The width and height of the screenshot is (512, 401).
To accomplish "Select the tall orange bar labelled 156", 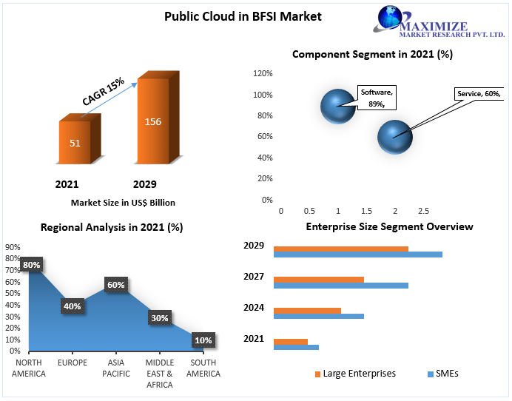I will pos(152,121).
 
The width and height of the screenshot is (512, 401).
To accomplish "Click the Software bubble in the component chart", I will pos(338,106).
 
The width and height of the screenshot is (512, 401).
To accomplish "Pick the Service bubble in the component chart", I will pos(395,136).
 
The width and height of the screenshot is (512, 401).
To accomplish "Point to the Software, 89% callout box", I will pos(377,98).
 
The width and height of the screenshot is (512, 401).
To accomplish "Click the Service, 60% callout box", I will pos(479,94).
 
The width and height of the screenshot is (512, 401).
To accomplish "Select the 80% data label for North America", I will pos(32,264).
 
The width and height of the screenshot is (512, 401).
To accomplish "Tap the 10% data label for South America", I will pos(203,340).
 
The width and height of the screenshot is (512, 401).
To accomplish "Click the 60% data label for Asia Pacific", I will pos(116,284).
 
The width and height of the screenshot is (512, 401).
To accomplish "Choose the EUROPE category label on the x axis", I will pos(73,363).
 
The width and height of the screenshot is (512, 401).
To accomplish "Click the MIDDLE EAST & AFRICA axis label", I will pos(159,373).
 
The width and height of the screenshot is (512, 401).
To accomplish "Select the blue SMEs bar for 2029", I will pos(357,255).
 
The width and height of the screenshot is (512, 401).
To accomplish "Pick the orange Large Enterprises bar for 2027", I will pos(318,279).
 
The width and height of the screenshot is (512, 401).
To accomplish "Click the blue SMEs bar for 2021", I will pos(296,347).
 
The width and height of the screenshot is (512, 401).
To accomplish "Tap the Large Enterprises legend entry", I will pos(355,374).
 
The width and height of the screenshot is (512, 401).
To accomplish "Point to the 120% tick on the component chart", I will pos(263,74).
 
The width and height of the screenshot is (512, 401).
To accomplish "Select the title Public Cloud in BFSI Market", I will pos(243,16).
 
